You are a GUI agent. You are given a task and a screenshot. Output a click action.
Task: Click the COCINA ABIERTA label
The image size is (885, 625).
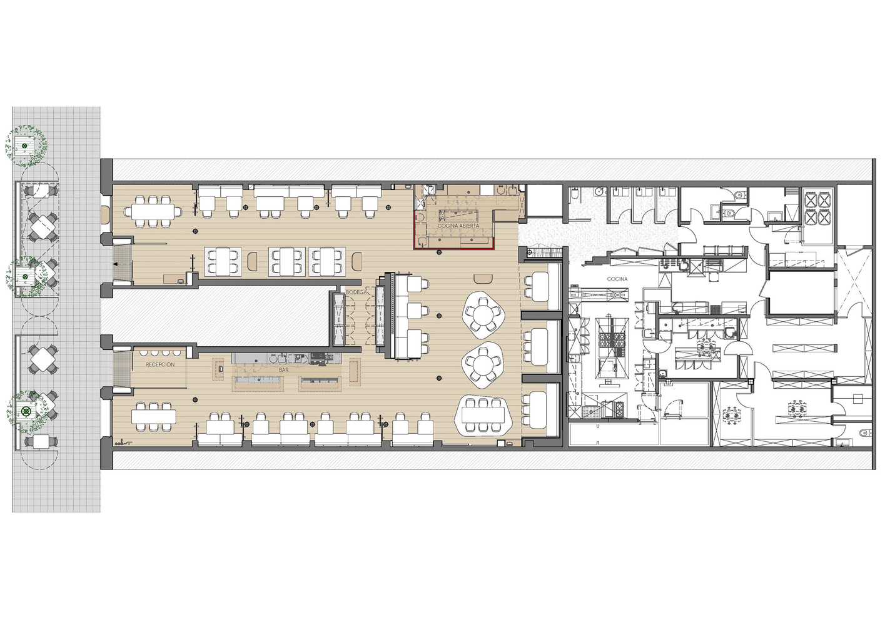(458, 226)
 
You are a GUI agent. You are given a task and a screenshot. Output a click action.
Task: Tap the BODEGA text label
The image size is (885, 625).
(357, 292)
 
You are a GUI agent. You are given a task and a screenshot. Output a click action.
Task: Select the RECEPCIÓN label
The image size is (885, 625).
(160, 364)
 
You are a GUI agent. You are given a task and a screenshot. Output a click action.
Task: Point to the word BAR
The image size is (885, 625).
(283, 371)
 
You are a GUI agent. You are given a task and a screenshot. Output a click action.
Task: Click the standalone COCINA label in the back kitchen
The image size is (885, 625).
(617, 279)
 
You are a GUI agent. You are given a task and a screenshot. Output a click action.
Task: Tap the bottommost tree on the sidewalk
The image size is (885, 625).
(26, 411)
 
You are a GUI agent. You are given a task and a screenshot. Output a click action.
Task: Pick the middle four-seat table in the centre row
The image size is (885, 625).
(288, 261)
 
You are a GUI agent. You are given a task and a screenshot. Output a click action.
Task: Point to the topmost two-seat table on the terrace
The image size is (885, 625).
(41, 190)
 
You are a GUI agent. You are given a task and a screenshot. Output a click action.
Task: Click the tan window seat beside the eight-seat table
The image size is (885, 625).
(105, 215)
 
